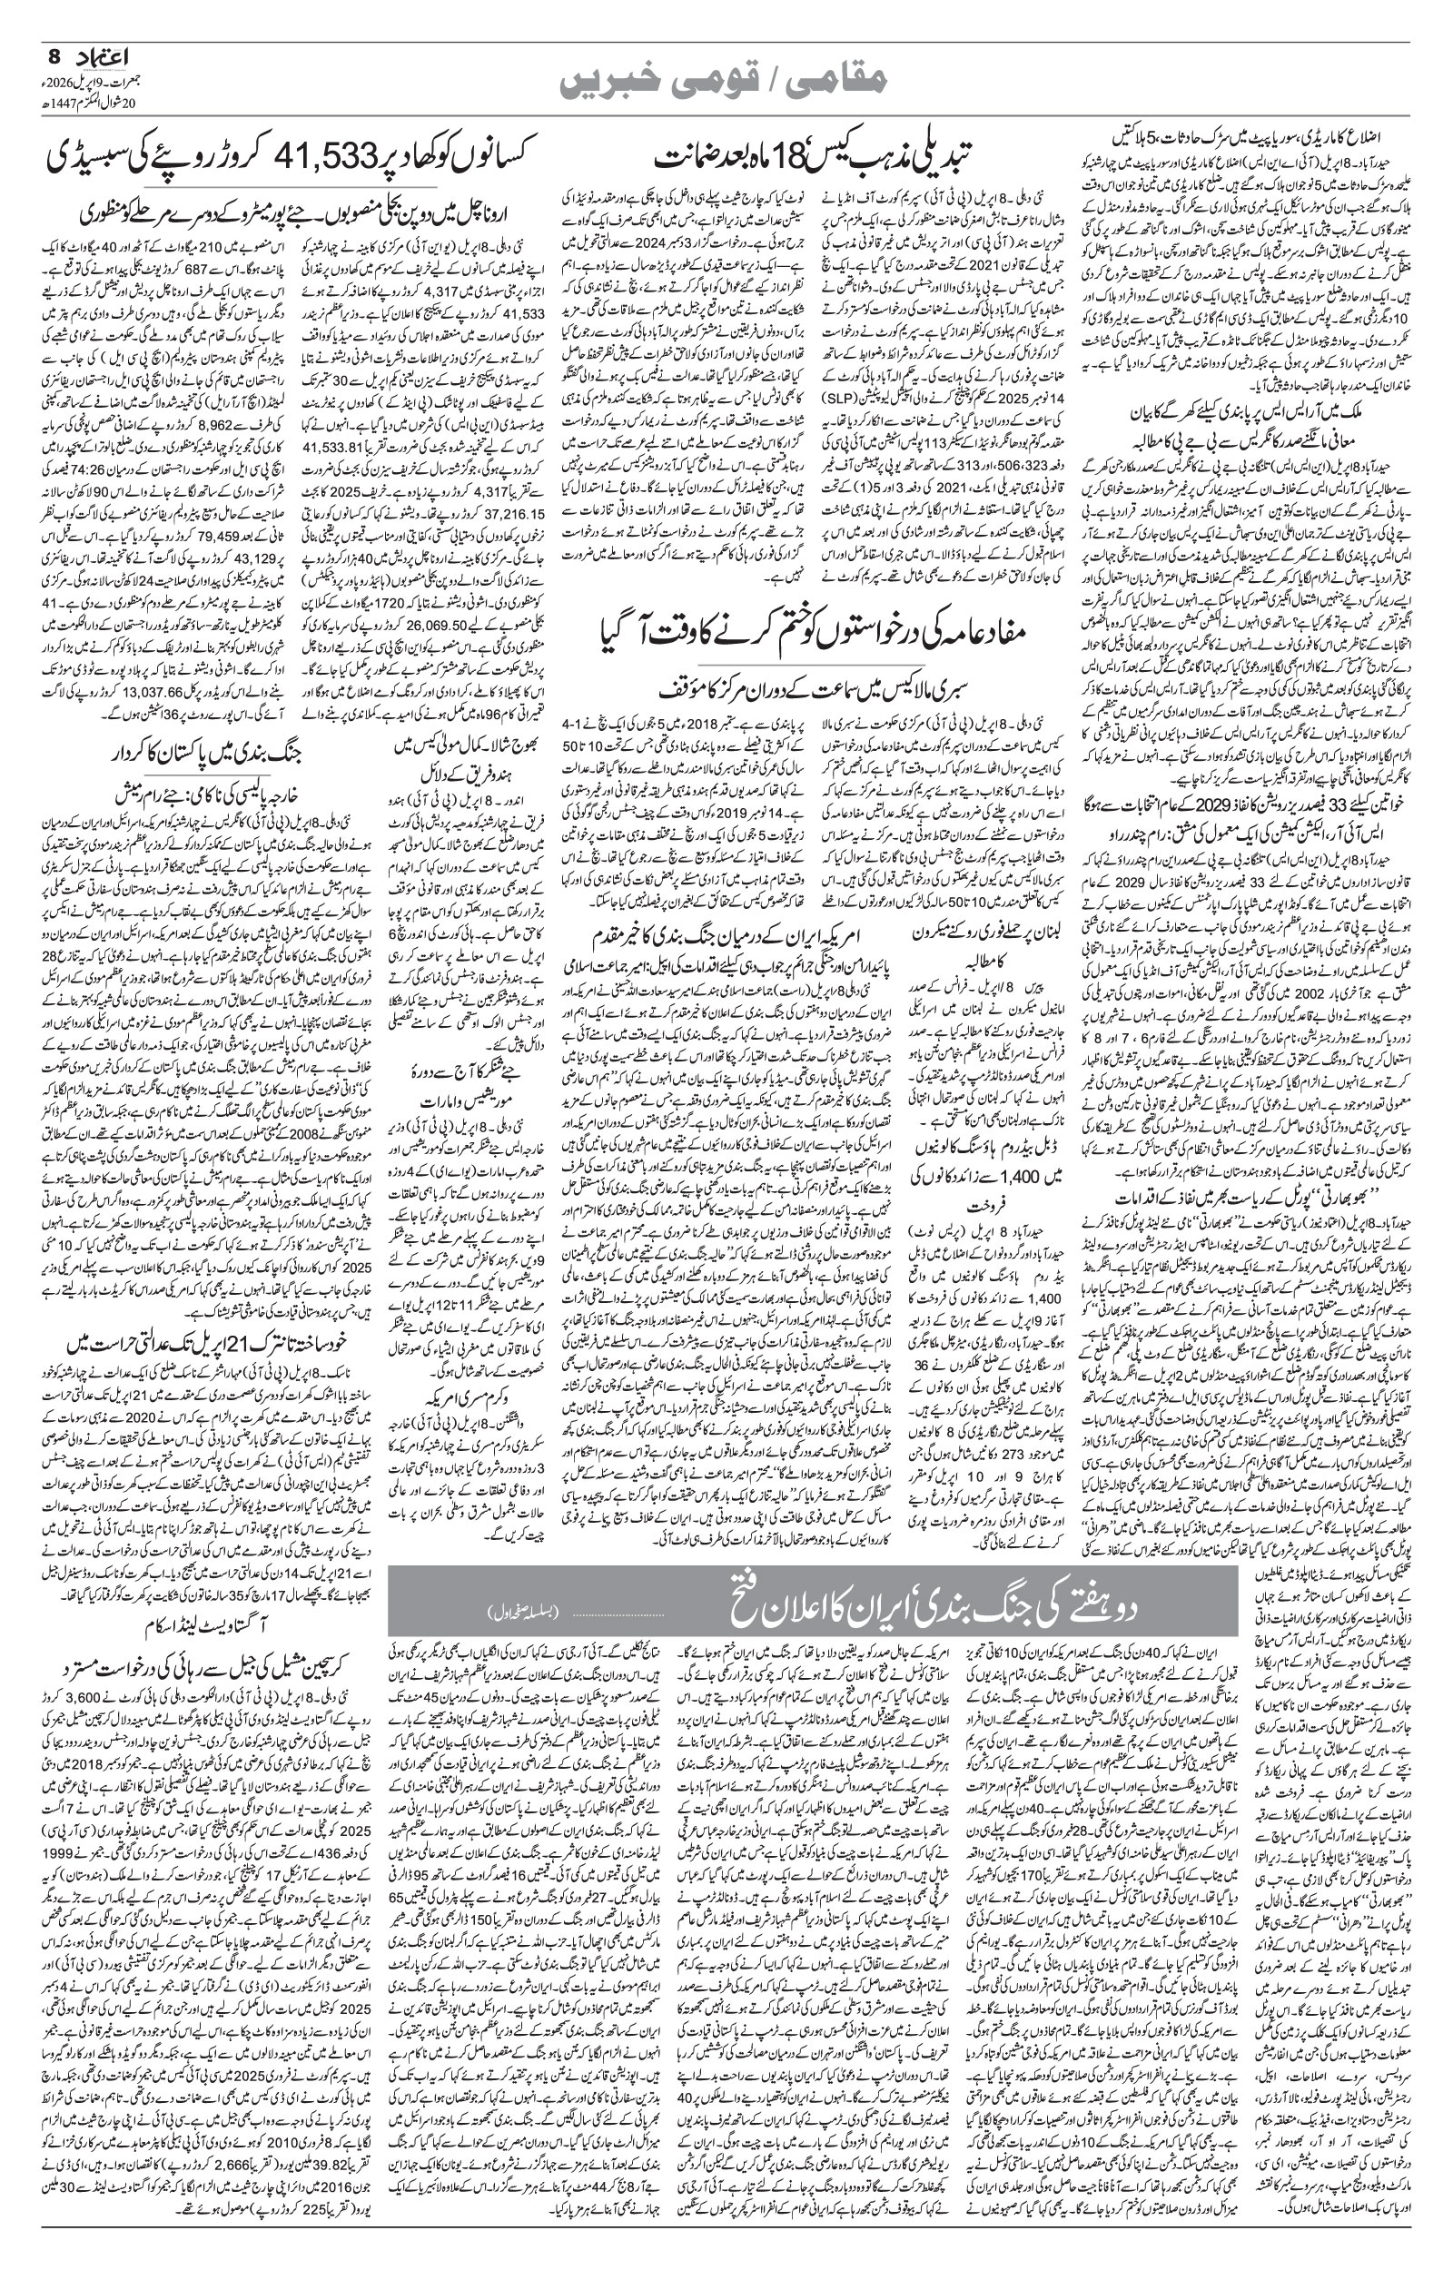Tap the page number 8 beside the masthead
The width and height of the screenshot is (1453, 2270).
coord(53,56)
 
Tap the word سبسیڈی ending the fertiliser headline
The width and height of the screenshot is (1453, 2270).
coord(75,152)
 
